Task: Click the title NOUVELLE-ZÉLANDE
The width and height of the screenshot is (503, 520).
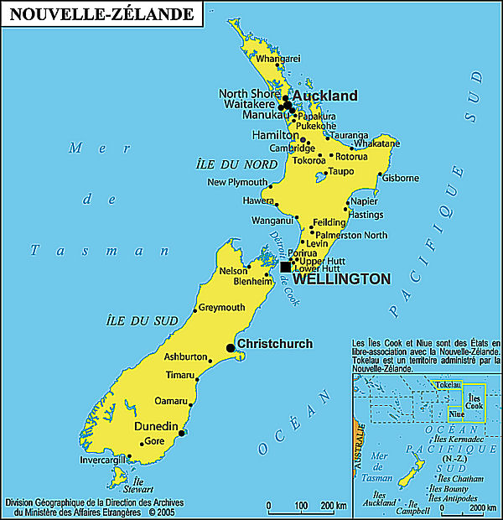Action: click(x=100, y=14)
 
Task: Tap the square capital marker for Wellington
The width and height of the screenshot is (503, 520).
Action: click(x=286, y=267)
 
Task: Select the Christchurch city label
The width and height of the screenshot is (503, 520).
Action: click(x=275, y=344)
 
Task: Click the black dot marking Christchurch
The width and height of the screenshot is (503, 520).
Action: click(x=231, y=348)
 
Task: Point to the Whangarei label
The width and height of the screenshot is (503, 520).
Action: click(x=277, y=59)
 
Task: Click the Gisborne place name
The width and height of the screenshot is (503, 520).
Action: click(x=400, y=178)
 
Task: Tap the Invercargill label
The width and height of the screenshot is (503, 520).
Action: click(x=101, y=460)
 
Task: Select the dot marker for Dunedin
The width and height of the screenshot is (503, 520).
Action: click(x=182, y=434)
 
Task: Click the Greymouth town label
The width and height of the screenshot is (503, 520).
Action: click(x=221, y=308)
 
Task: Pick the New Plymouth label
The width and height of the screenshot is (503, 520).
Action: click(x=237, y=182)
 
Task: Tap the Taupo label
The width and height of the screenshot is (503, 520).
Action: click(x=341, y=171)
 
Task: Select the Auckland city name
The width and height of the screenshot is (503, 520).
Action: click(x=324, y=96)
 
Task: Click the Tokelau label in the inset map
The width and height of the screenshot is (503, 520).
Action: click(x=449, y=385)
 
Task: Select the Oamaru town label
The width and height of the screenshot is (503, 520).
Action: click(x=171, y=400)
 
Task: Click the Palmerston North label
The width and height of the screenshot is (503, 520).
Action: click(x=351, y=235)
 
